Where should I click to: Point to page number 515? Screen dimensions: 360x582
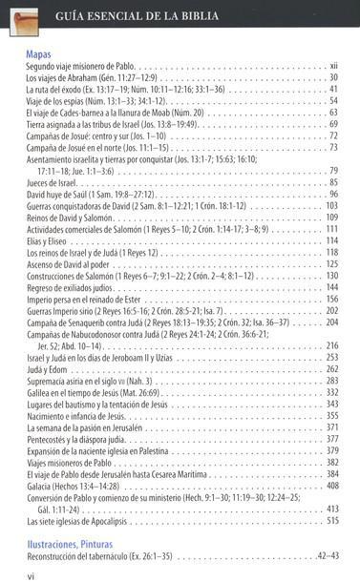(332, 521)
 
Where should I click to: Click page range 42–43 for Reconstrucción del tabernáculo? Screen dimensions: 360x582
(327, 555)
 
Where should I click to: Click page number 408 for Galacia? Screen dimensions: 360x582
(332, 486)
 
